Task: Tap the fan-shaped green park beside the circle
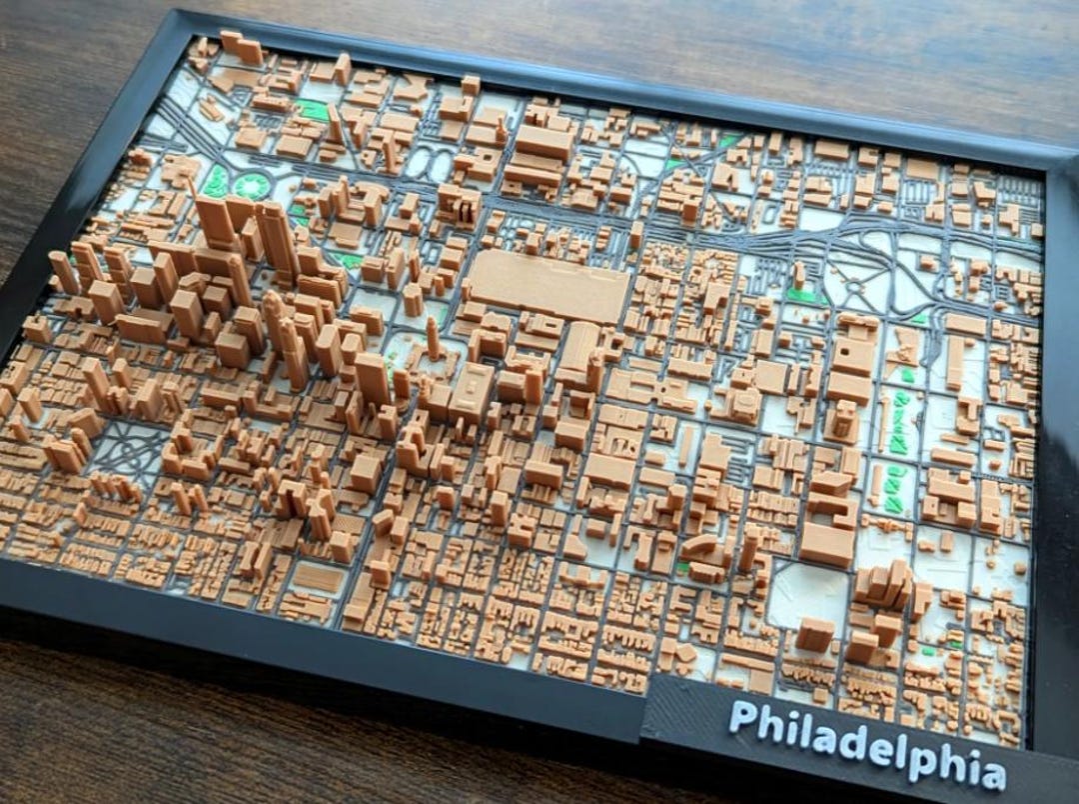click(x=216, y=181)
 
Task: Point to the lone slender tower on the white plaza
click(x=433, y=338)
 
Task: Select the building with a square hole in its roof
click(x=852, y=354)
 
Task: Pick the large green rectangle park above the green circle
click(x=312, y=109)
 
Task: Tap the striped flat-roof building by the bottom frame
click(x=318, y=578)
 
